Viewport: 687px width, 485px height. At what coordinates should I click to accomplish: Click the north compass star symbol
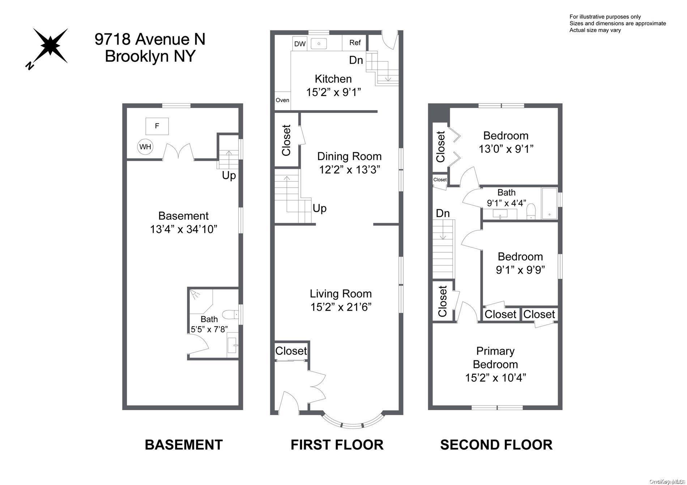[x=50, y=46]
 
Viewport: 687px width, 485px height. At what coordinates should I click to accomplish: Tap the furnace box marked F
[x=157, y=126]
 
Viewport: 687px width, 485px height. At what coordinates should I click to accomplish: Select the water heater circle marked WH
[x=145, y=147]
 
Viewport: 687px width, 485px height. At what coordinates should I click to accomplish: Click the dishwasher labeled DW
[x=300, y=44]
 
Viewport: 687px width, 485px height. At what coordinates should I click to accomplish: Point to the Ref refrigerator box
[x=355, y=43]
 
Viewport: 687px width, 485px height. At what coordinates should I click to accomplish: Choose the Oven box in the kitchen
[x=282, y=100]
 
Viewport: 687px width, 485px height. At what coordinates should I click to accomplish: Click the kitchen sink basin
[x=319, y=43]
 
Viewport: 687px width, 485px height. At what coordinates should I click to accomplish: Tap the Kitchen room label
[x=333, y=79]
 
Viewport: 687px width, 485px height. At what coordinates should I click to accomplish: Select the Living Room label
[x=341, y=293]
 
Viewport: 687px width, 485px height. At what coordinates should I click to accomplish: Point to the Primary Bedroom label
[x=495, y=357]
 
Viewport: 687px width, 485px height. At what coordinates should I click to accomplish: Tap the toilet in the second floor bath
[x=531, y=211]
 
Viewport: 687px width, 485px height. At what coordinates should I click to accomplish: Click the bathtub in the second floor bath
[x=549, y=203]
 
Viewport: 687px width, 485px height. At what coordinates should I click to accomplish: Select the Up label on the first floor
[x=319, y=208]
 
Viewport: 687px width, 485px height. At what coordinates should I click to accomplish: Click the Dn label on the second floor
[x=443, y=213]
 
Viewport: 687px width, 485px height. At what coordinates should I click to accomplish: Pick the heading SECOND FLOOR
[x=496, y=445]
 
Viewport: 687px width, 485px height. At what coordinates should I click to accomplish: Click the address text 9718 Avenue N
[x=150, y=39]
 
